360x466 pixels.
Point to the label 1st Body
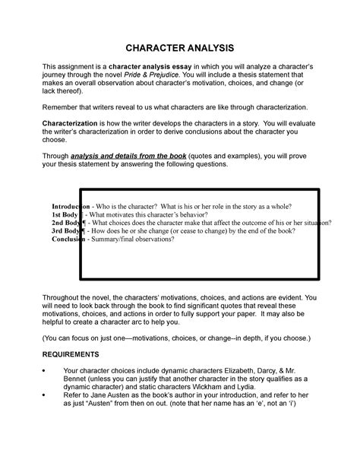click(67, 215)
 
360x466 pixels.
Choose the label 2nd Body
click(68, 223)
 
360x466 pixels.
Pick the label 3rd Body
click(68, 231)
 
